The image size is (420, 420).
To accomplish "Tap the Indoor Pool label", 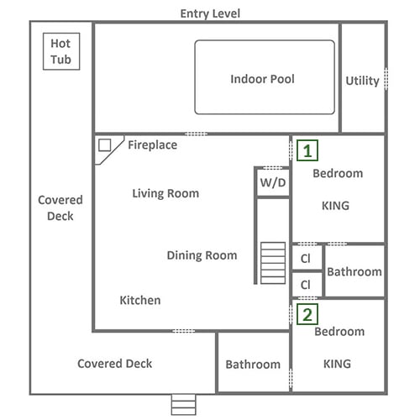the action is pyautogui.click(x=262, y=79).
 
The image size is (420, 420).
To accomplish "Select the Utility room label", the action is pyautogui.click(x=362, y=81).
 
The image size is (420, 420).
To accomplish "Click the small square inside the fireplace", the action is pyautogui.click(x=104, y=145).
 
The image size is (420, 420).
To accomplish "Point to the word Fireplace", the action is pyautogui.click(x=153, y=145).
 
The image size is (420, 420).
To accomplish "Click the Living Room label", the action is pyautogui.click(x=165, y=193).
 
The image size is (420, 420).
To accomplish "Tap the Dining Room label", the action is pyautogui.click(x=202, y=255).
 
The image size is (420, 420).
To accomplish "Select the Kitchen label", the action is pyautogui.click(x=140, y=300).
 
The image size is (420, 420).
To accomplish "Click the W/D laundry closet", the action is pyautogui.click(x=273, y=183).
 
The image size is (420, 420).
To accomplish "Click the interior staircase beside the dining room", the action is pyautogui.click(x=273, y=263).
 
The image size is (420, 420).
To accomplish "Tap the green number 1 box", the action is pyautogui.click(x=307, y=150).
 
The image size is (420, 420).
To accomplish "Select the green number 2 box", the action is pyautogui.click(x=307, y=314).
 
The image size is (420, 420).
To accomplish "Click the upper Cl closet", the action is pyautogui.click(x=307, y=258).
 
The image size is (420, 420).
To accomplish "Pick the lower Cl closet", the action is pyautogui.click(x=307, y=285).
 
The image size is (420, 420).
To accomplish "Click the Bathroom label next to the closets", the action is pyautogui.click(x=354, y=272).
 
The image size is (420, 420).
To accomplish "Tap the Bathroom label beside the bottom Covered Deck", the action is pyautogui.click(x=253, y=365).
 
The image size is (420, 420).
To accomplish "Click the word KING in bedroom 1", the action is pyautogui.click(x=336, y=206).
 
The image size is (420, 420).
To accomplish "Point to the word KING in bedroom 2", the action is pyautogui.click(x=337, y=364).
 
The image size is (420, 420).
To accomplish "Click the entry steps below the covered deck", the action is pyautogui.click(x=184, y=405).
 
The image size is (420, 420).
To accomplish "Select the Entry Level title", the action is pyautogui.click(x=210, y=13).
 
